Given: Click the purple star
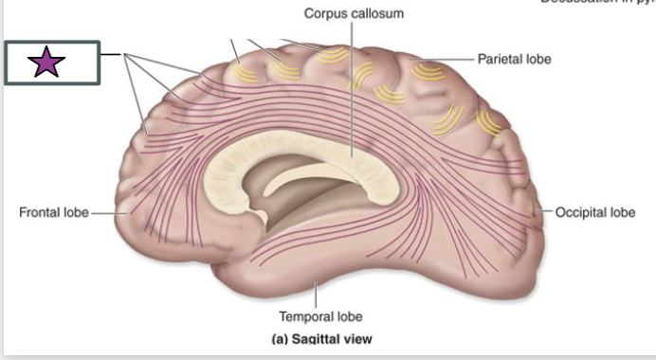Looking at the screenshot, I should (46, 63).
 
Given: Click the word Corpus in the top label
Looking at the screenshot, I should (325, 14).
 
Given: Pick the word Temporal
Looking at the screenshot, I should (303, 316).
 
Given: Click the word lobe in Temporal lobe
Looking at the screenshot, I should (348, 316).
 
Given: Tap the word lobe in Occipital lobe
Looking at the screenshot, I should (621, 212).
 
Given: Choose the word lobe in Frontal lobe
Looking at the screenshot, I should (75, 212).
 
